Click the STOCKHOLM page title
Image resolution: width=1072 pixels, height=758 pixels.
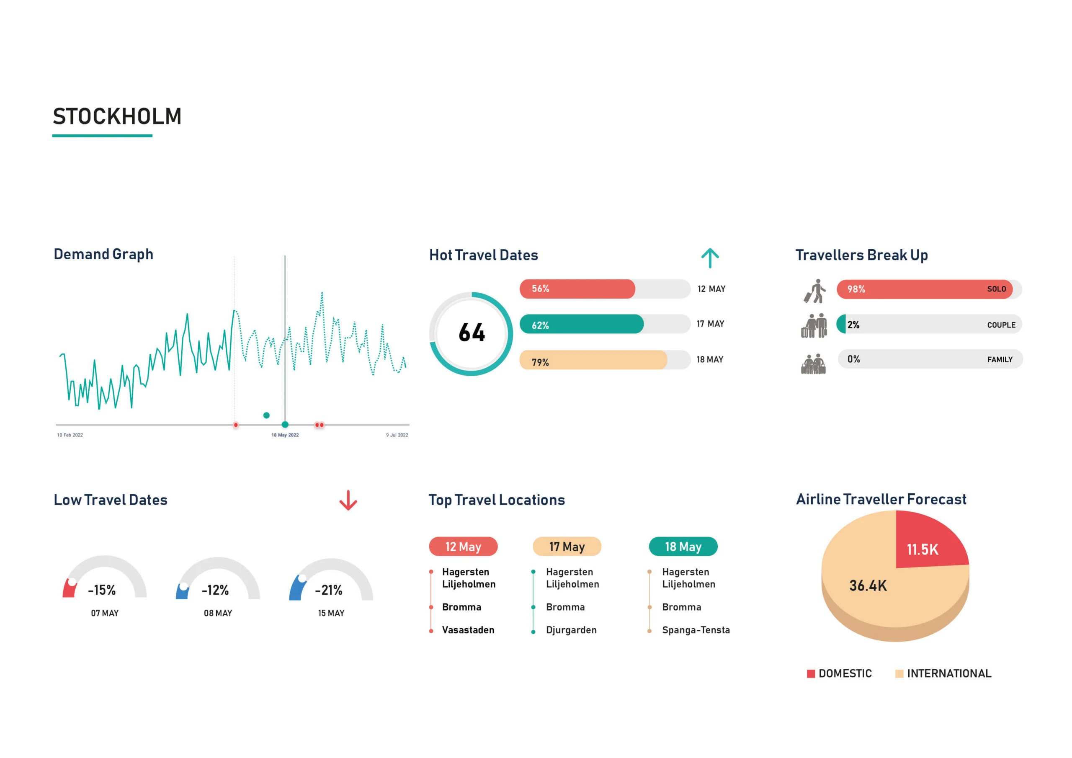point(117,116)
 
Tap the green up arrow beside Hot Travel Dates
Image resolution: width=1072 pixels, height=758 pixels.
point(710,258)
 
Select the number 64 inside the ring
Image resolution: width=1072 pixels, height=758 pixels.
point(472,333)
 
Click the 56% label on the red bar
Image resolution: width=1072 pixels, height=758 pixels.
point(540,289)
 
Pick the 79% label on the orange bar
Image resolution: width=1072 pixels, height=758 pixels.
point(540,362)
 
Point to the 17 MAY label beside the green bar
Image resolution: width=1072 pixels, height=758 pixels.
point(710,324)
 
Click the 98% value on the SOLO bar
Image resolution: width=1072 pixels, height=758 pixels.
point(856,289)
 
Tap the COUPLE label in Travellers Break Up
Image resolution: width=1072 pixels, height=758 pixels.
point(1001,325)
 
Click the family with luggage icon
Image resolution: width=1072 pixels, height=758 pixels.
point(813,364)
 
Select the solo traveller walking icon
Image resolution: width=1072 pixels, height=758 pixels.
point(815,291)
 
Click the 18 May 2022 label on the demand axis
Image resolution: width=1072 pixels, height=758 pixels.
point(285,435)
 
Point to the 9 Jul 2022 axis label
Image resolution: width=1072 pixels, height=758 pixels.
point(397,435)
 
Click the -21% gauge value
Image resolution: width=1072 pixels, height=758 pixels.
point(329,590)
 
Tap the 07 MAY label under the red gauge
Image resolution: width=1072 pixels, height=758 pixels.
point(105,613)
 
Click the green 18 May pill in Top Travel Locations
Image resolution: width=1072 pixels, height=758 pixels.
point(683,547)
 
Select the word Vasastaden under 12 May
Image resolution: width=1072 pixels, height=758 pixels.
point(468,629)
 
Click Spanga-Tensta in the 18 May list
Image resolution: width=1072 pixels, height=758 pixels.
point(696,629)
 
